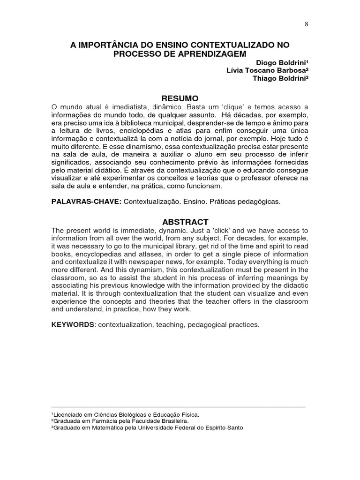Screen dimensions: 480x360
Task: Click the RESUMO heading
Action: [180, 98]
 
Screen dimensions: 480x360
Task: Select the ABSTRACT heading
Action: [180, 222]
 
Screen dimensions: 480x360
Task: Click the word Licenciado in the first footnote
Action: [69, 414]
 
